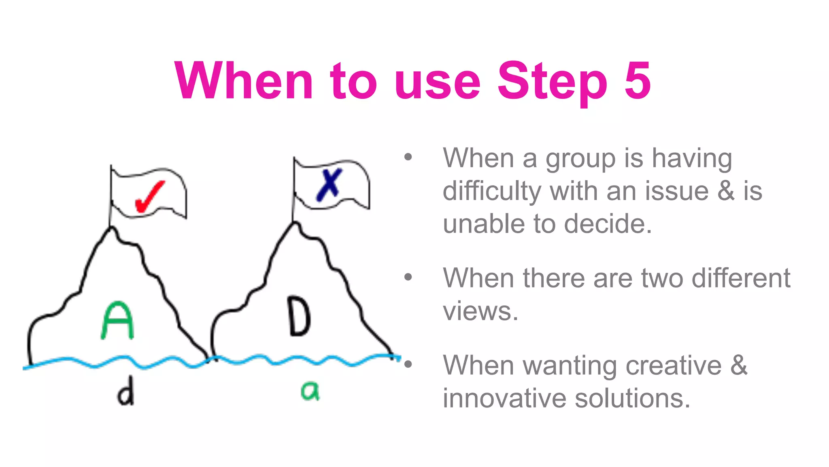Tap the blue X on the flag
pyautogui.click(x=329, y=184)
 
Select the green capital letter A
pyautogui.click(x=117, y=320)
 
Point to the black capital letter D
pyautogui.click(x=300, y=316)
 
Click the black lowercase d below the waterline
pyautogui.click(x=126, y=391)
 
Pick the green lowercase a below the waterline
pyautogui.click(x=310, y=391)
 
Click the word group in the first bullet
pyautogui.click(x=580, y=159)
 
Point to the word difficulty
pyautogui.click(x=492, y=191)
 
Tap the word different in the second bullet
pyautogui.click(x=741, y=278)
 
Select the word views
pyautogui.click(x=480, y=311)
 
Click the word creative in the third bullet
pyautogui.click(x=674, y=365)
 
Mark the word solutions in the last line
pyautogui.click(x=632, y=398)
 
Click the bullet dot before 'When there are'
pyautogui.click(x=408, y=277)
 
